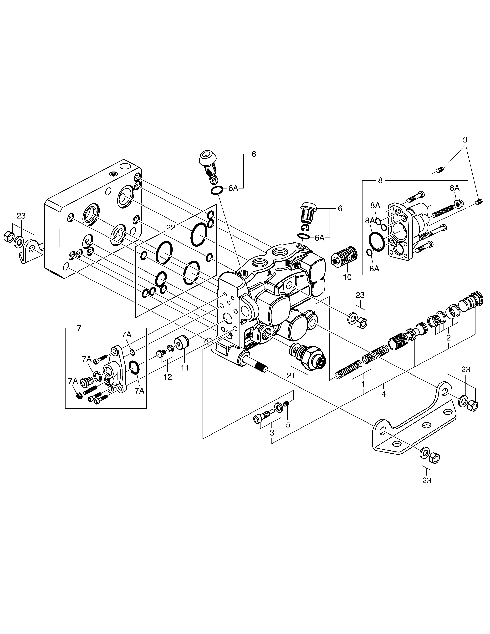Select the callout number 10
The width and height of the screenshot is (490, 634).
(x=347, y=277)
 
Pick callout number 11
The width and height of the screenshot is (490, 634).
(x=185, y=368)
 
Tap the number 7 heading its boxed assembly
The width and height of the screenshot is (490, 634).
(x=79, y=329)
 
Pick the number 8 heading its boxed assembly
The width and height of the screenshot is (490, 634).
(x=380, y=181)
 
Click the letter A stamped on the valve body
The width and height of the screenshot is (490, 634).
(x=269, y=273)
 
